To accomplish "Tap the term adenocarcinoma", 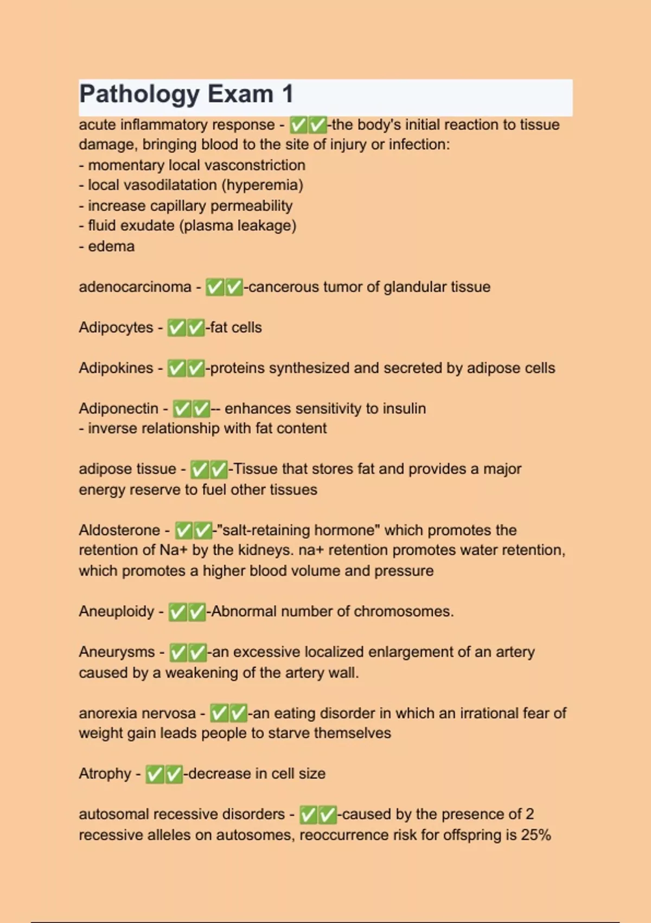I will pos(135,287).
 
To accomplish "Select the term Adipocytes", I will pos(116,327).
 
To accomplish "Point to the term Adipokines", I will pos(116,368).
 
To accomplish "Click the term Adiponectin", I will pos(118,408).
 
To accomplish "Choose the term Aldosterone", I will pos(119,530).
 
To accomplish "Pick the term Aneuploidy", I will pos(117,611).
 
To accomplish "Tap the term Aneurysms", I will pos(117,652).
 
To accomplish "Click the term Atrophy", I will pos(105,773).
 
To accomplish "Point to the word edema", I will pos(111,246).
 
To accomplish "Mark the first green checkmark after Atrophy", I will pos(155,774).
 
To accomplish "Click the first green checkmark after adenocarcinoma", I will pos(215,287).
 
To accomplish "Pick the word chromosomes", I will pos(404,611).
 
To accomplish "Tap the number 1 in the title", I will pos(288,94).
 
